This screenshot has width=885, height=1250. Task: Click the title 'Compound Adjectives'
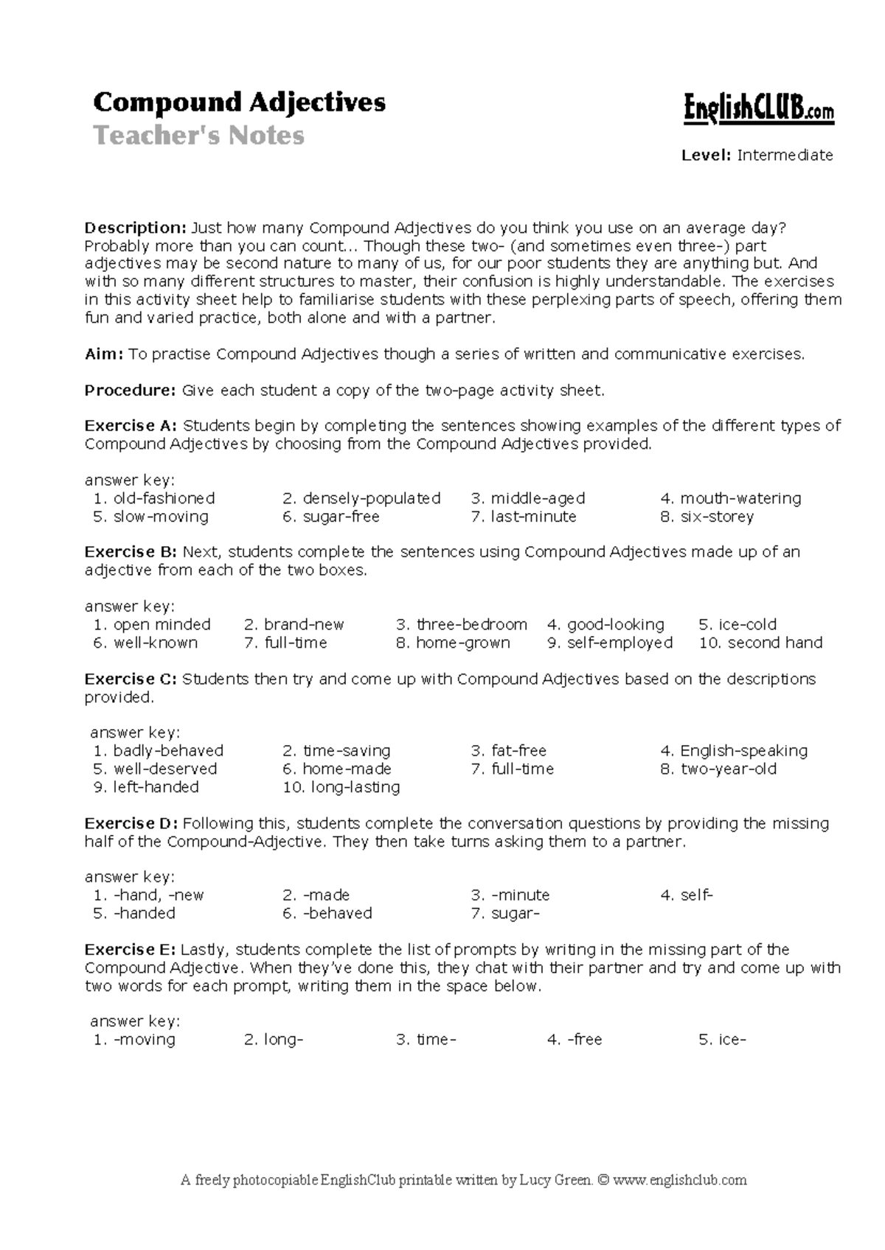coord(239,102)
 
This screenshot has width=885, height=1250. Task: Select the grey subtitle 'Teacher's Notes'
coord(198,136)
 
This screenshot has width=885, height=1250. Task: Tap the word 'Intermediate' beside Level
coord(785,156)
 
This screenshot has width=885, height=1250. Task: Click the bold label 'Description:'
coord(136,228)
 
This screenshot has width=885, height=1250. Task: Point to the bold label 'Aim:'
coord(104,355)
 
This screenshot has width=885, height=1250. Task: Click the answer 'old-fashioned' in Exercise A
coord(163,498)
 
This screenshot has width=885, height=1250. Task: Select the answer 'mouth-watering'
coord(740,498)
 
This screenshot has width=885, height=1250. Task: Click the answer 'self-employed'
coord(619,643)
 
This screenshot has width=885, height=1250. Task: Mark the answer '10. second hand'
coord(760,643)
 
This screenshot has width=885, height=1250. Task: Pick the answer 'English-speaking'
coord(743,751)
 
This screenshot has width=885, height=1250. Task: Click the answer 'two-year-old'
coord(727,769)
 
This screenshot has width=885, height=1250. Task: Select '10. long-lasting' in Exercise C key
coord(341,787)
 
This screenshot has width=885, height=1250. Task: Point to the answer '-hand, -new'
coord(157,895)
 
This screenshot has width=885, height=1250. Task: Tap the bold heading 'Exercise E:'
coord(131,950)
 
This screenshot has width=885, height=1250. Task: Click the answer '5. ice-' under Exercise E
coord(722,1040)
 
